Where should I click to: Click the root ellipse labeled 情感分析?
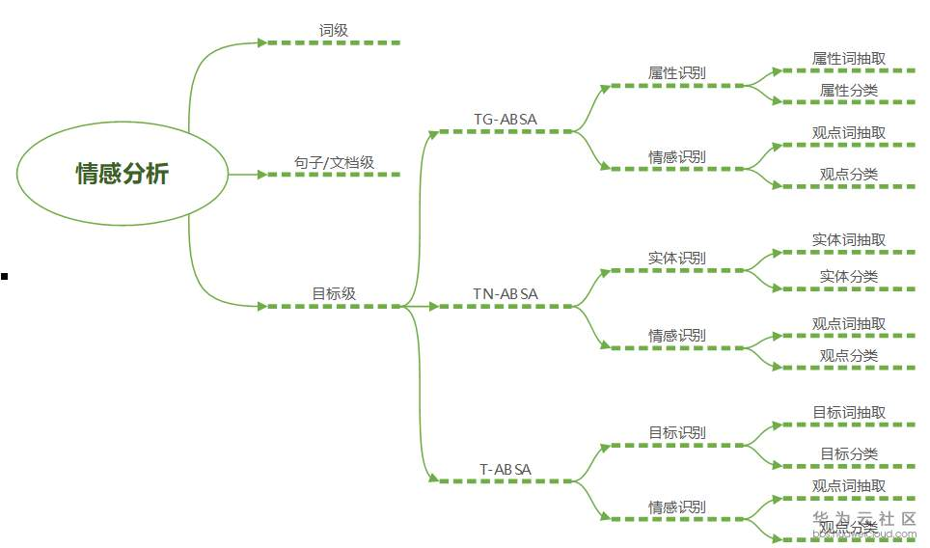click(x=122, y=174)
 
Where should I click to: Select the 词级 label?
click(x=334, y=31)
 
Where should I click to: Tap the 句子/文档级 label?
click(x=334, y=163)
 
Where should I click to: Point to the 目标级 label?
click(x=334, y=294)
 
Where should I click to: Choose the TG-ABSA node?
click(x=506, y=120)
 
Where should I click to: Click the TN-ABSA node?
click(x=506, y=294)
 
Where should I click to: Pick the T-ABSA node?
click(x=506, y=470)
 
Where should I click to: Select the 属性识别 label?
click(x=677, y=73)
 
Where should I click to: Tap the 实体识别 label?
click(x=677, y=259)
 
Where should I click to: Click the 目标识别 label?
click(x=677, y=433)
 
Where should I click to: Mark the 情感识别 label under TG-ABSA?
click(x=677, y=156)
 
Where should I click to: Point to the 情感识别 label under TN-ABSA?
click(x=677, y=336)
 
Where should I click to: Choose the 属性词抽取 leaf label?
click(x=849, y=59)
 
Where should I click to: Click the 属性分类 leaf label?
click(x=849, y=91)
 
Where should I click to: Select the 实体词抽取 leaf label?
click(x=849, y=240)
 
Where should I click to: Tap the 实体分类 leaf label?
click(x=849, y=277)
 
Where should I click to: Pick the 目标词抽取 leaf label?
click(x=849, y=413)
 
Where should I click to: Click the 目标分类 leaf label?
click(x=849, y=454)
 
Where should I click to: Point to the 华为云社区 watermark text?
click(x=864, y=519)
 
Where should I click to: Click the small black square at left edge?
click(x=4, y=277)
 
